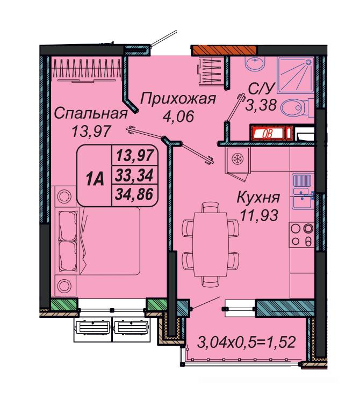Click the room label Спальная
coord(91,113)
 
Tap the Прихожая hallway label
coord(178,99)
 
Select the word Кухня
coord(258,198)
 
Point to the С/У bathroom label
coord(261,89)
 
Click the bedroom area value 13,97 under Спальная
coord(91,131)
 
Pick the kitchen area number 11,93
coord(259,215)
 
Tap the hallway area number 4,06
coord(178,116)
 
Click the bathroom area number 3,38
coord(261,105)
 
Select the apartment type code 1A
coord(95,179)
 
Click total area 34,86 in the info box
coord(134,194)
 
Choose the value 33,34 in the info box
coord(134,175)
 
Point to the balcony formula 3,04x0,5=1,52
coord(246,342)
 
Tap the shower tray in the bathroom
coord(295,75)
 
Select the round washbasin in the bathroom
coord(255,63)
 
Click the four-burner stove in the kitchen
coord(301,235)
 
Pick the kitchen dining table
coord(210,244)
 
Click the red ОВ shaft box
coord(272,133)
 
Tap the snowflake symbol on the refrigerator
coord(237,158)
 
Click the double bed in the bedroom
coord(98,241)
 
